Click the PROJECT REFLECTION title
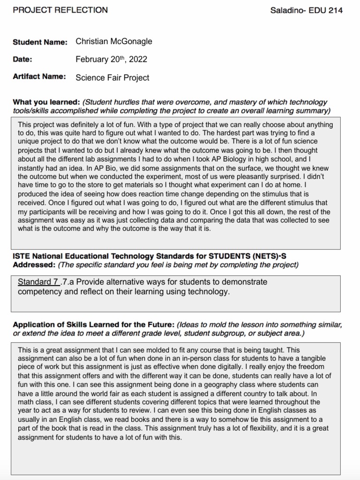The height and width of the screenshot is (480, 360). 60,10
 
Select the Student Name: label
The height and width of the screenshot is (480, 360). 40,42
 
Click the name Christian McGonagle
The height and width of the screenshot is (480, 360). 114,41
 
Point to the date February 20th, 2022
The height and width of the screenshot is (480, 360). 111,59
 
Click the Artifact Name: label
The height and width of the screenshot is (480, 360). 39,76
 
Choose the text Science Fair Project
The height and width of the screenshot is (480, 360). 112,77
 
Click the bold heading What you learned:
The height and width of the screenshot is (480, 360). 46,102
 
